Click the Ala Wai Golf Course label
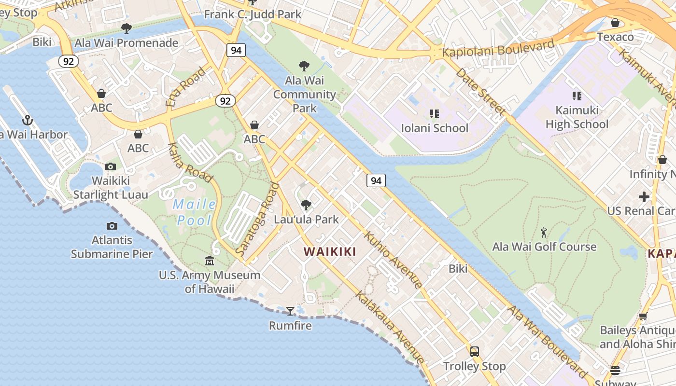click(x=544, y=247)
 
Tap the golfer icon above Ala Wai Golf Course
click(x=544, y=233)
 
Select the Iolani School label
click(x=435, y=128)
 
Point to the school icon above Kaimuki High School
click(x=577, y=96)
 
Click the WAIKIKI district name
click(x=330, y=251)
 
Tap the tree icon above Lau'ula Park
click(x=306, y=205)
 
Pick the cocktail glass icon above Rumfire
click(x=290, y=311)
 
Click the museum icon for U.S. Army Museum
click(x=210, y=261)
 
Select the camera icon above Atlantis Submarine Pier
click(x=112, y=226)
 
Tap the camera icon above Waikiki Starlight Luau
click(x=111, y=167)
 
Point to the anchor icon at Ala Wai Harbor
click(x=28, y=120)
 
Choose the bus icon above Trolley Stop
click(x=475, y=351)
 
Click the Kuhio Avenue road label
click(x=393, y=260)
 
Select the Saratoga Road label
click(x=258, y=219)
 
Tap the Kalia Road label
click(x=191, y=163)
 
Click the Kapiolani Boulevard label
click(x=498, y=49)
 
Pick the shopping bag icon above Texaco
click(x=615, y=23)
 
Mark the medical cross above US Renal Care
click(x=644, y=197)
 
